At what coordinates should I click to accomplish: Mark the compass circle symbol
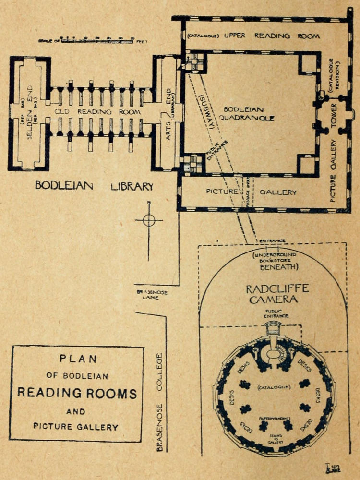pyautogui.click(x=149, y=221)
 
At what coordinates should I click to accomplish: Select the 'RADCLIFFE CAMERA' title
pyautogui.click(x=271, y=294)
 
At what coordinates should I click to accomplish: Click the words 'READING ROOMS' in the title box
pyautogui.click(x=77, y=394)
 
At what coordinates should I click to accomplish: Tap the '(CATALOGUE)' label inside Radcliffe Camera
pyautogui.click(x=272, y=386)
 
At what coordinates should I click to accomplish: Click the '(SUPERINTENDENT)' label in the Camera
pyautogui.click(x=272, y=419)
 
